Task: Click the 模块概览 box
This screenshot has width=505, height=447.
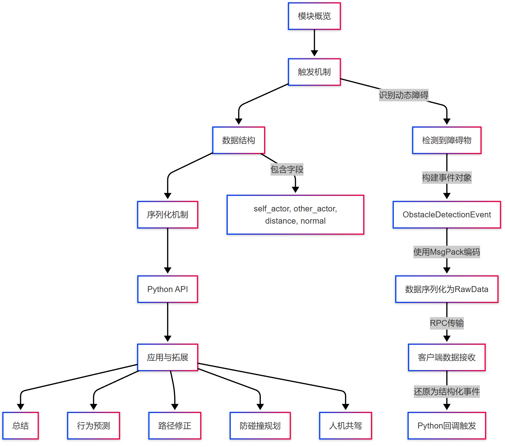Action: click(314, 16)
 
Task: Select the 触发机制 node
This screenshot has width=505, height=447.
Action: click(314, 72)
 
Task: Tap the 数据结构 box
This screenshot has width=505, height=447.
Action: click(239, 140)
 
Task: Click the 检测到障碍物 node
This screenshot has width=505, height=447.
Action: click(447, 140)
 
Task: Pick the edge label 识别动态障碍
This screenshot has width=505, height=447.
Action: click(403, 95)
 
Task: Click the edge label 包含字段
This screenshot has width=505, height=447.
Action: click(287, 169)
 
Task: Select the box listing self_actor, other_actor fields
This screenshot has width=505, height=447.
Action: click(295, 215)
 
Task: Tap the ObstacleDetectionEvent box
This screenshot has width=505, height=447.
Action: click(447, 215)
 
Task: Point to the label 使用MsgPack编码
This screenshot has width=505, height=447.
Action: click(447, 252)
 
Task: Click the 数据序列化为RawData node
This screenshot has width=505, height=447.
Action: click(447, 289)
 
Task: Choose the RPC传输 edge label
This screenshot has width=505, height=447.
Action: click(447, 323)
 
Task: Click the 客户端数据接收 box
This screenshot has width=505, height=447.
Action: click(447, 357)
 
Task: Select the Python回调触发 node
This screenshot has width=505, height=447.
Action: click(447, 426)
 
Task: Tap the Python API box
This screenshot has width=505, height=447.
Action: click(168, 289)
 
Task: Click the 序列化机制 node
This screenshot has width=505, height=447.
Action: click(168, 215)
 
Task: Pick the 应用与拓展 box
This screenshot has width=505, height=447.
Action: click(168, 357)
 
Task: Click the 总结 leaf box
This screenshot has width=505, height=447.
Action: click(20, 426)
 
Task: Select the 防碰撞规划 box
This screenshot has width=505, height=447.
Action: click(260, 426)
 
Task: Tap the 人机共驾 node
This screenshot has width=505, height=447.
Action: click(345, 426)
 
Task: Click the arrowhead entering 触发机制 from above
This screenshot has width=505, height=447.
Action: click(314, 54)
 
